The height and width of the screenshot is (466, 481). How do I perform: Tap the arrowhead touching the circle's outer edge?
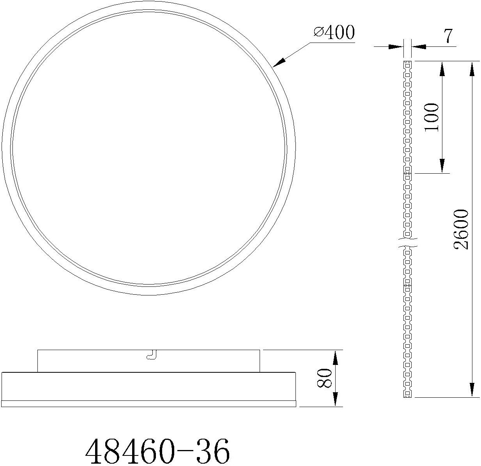[x=279, y=63]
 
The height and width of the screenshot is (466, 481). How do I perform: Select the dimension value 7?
[x=448, y=36]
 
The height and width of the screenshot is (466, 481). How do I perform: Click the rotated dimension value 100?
[x=431, y=117]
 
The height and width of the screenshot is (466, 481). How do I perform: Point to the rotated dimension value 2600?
[x=462, y=229]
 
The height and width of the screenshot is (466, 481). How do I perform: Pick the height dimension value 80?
[x=325, y=378]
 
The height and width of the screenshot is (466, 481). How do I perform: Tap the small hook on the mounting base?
[x=151, y=355]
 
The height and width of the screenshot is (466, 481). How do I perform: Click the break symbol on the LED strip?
[x=408, y=242]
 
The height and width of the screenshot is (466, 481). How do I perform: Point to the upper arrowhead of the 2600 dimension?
[x=472, y=68]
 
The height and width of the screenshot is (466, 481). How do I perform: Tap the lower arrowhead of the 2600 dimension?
[x=472, y=390]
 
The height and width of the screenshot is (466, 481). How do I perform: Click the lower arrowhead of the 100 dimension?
[x=442, y=166]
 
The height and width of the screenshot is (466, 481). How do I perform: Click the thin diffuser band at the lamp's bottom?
[x=149, y=404]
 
